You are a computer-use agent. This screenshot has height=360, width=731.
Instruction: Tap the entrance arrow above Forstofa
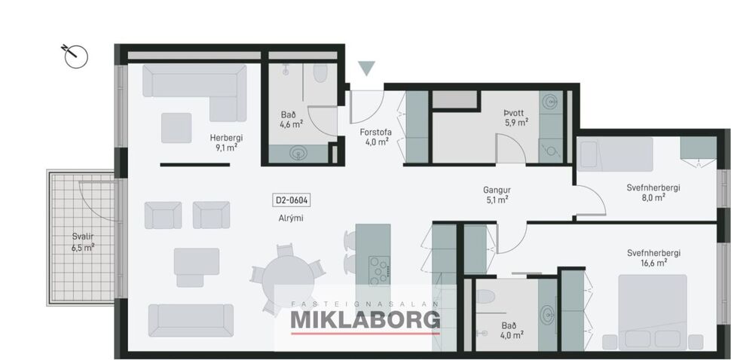tap(366, 69)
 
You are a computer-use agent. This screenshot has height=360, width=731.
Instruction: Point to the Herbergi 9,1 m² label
tap(224, 143)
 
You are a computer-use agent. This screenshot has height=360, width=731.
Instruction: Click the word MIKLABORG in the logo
tap(365, 320)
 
